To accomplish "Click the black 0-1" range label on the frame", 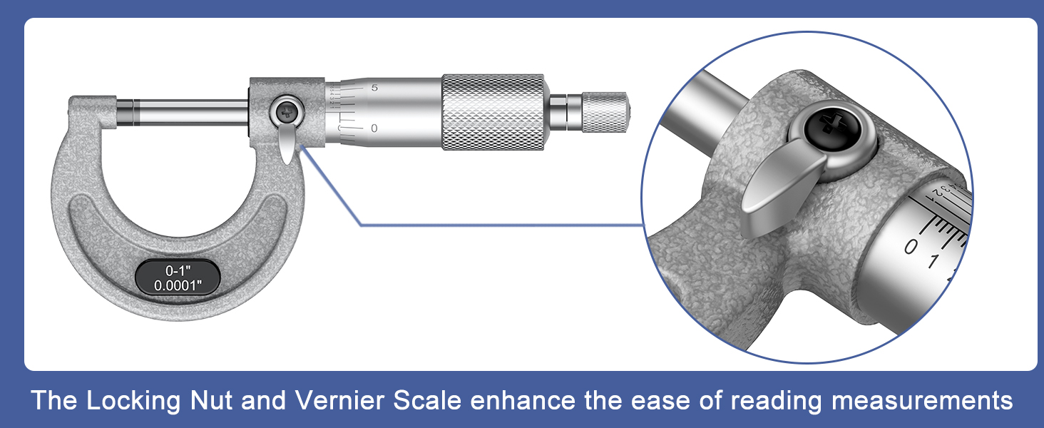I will point(178,278).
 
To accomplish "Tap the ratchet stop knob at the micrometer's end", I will point(605,111).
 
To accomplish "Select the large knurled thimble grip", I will point(493,111).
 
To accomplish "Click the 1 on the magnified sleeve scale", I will point(933,262).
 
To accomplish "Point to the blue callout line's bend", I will point(362,225).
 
